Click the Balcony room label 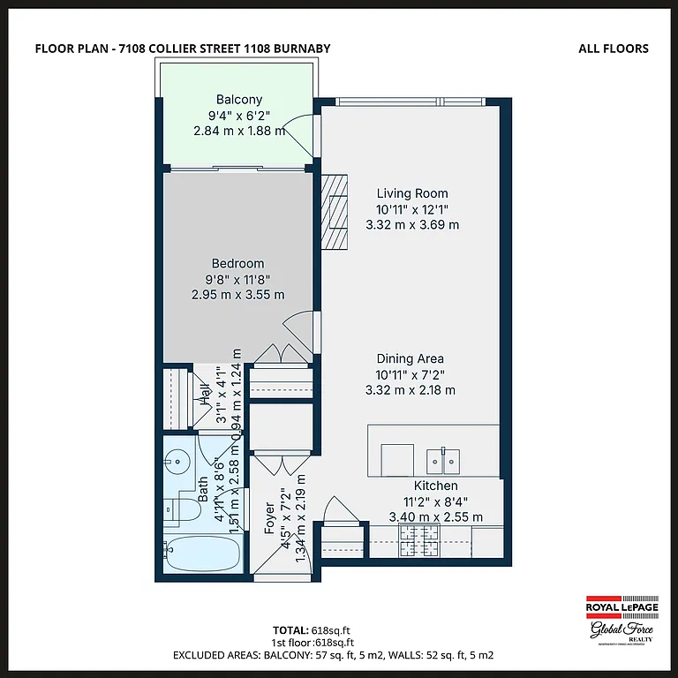click(x=239, y=100)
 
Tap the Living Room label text click(x=412, y=193)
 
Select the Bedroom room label click(x=237, y=263)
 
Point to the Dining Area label click(x=410, y=358)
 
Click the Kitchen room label click(x=436, y=486)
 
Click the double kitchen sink click(x=442, y=459)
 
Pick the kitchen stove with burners click(x=420, y=540)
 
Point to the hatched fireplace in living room click(x=335, y=213)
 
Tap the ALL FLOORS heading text click(x=613, y=48)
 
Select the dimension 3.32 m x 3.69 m click(x=412, y=224)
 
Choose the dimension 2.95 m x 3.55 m click(x=237, y=294)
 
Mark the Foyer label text click(x=270, y=518)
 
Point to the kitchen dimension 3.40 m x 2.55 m click(x=436, y=516)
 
